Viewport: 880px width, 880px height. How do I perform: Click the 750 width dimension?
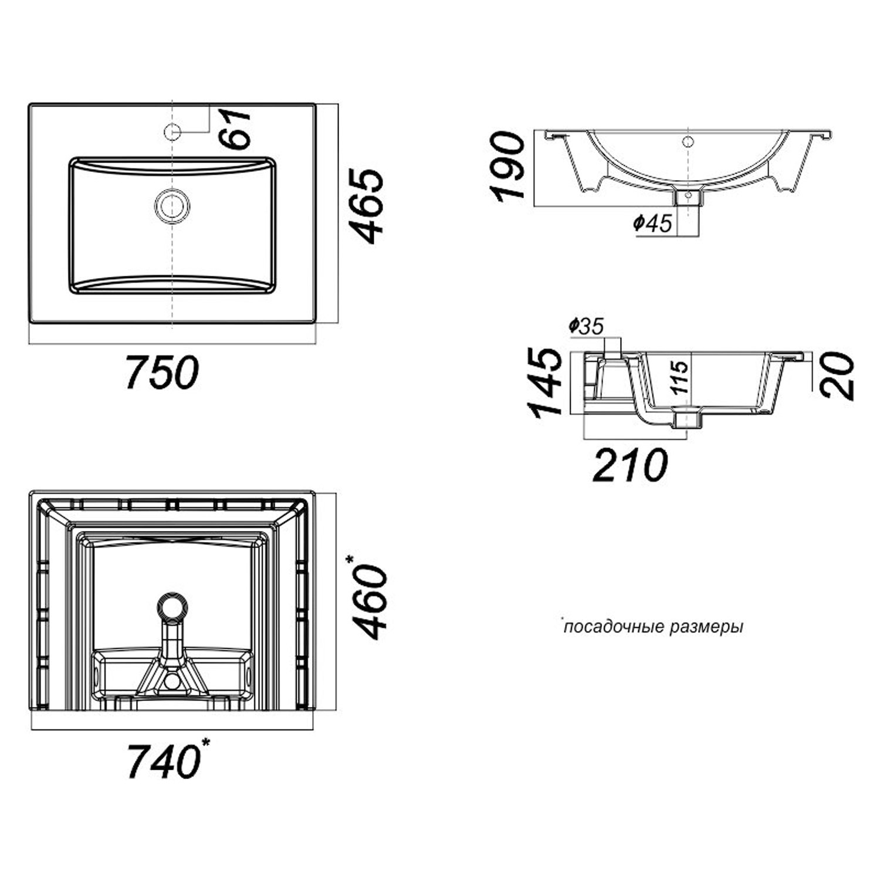tap(163, 372)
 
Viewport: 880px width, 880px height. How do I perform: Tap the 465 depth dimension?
tap(369, 206)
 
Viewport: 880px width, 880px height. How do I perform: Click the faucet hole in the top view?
tap(171, 132)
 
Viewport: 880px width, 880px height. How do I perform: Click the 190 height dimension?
tap(507, 167)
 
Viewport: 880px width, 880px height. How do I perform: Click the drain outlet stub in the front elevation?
tap(689, 196)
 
